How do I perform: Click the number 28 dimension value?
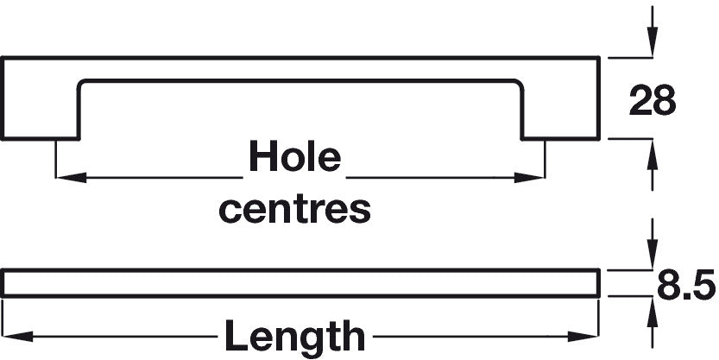coord(651,101)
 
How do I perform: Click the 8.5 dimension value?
coord(685,284)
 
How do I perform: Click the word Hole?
coord(294,158)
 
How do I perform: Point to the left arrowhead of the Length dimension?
coord(17,334)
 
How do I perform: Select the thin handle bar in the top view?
coord(302,283)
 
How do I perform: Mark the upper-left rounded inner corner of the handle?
coord(83,86)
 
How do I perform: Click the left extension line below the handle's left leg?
coord(56,160)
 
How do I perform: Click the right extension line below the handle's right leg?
coord(546,160)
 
